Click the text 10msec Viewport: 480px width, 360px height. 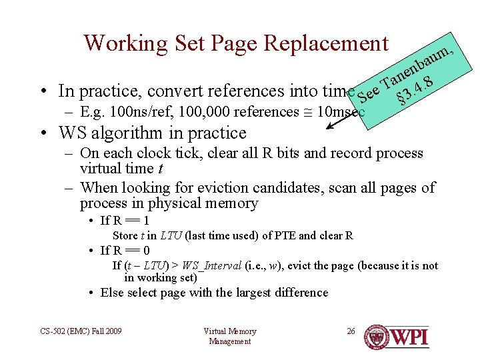(x=341, y=112)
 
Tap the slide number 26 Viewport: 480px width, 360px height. (x=351, y=331)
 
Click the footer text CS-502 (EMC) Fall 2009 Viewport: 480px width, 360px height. (x=80, y=331)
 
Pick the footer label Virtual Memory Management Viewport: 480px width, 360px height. (x=229, y=336)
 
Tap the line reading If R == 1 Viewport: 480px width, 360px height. (x=125, y=221)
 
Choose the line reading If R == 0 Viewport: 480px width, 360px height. (x=125, y=251)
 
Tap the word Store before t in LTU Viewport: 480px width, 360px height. (x=125, y=235)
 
